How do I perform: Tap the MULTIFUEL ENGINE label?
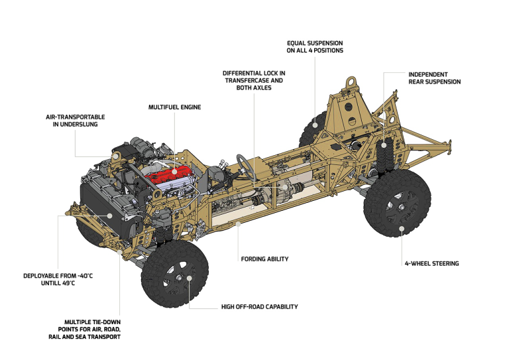coord(175,107)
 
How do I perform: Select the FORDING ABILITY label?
coord(264,259)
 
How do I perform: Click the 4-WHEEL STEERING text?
coord(431,264)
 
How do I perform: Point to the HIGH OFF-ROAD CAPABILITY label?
coord(259,307)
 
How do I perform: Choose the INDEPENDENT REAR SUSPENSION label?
coord(434,78)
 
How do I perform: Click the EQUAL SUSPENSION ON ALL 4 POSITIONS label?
coord(315,47)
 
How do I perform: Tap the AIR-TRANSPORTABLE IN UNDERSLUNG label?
coord(76,121)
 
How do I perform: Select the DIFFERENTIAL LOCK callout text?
coord(254,80)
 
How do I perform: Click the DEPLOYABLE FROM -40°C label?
coord(58,280)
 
